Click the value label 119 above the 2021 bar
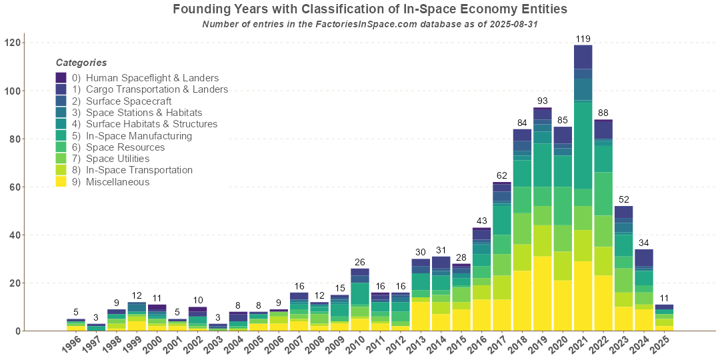[583, 39]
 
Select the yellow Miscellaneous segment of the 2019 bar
[542, 293]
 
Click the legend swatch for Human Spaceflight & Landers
[61, 78]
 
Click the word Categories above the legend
[81, 63]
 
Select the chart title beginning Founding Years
[370, 9]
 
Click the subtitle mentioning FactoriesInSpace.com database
[370, 24]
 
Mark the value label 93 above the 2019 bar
[542, 101]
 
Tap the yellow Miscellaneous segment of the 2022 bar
[603, 303]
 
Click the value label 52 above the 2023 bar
[623, 200]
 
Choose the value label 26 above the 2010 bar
[360, 263]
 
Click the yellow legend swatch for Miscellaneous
[61, 182]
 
